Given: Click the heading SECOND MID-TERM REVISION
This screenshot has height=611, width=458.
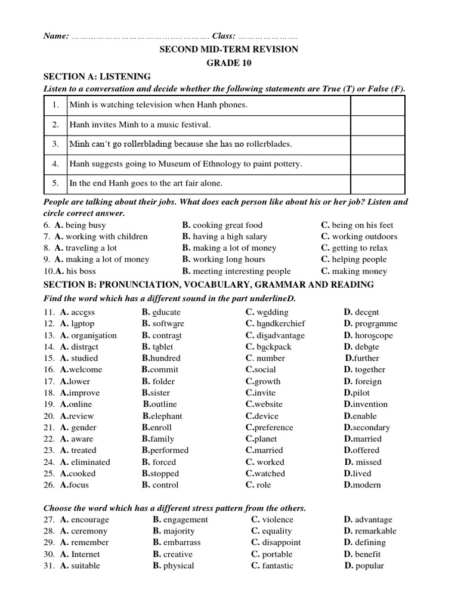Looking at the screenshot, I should click(228, 50).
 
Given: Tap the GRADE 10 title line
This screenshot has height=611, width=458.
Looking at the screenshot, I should click(228, 63).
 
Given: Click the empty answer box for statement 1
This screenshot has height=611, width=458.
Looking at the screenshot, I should click(377, 105).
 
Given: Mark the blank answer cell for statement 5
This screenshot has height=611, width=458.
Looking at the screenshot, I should click(377, 183).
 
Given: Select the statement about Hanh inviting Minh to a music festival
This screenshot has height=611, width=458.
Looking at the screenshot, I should click(140, 125).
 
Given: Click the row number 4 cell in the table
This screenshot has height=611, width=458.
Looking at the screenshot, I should click(55, 163).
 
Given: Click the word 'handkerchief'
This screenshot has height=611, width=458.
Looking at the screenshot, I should click(281, 323).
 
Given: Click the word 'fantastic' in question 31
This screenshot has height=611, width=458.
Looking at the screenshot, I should click(278, 566).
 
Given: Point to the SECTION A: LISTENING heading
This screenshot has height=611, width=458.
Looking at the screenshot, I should click(97, 76).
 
